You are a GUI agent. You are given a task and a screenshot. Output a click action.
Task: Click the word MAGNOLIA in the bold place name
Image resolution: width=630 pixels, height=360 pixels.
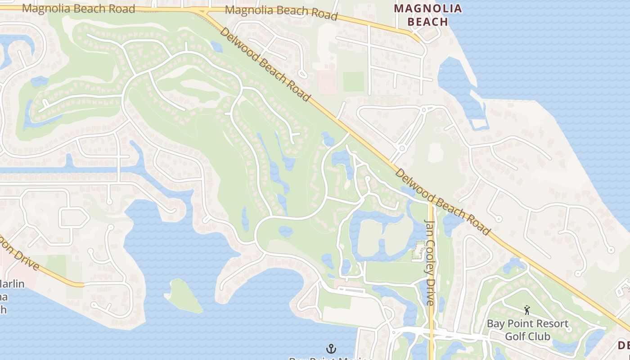pos(427,9)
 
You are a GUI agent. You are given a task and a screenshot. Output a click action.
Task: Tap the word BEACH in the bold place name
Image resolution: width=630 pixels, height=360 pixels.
pos(427,22)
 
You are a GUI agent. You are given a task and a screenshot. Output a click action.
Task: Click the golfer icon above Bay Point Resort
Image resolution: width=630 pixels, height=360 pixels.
pos(527,310)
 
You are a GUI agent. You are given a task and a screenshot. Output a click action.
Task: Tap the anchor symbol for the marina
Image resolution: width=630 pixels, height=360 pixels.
pos(331,349)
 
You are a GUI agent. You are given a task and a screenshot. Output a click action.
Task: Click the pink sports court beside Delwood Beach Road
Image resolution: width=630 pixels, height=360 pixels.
pos(328,82)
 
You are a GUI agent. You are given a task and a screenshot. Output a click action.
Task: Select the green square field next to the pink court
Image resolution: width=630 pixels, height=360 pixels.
pos(354,81)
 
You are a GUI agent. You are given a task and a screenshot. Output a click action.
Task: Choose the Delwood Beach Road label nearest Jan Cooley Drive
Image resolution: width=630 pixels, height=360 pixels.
pos(442,202)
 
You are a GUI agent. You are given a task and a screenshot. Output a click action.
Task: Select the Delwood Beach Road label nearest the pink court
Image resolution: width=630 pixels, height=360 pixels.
pos(265,64)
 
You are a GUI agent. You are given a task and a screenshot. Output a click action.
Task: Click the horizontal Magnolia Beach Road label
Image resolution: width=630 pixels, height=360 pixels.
pos(78,9)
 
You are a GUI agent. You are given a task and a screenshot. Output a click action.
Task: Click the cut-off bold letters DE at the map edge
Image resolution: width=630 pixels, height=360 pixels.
pos(624,346)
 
